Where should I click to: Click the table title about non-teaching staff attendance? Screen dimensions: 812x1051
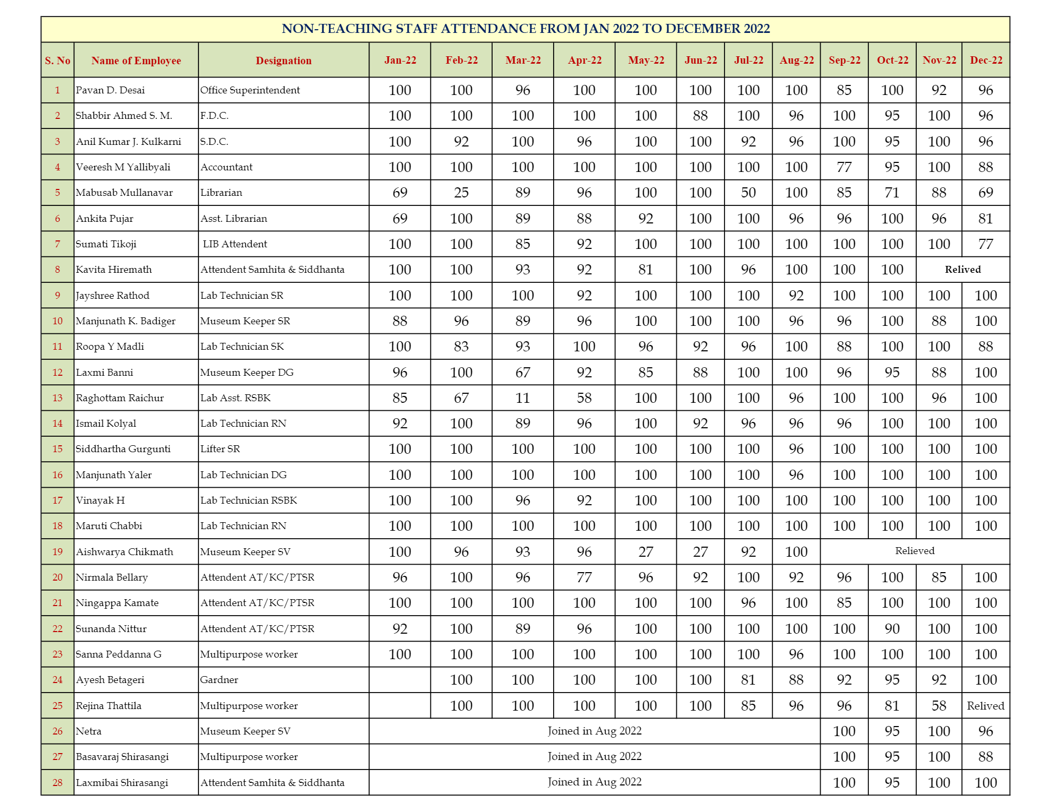pyautogui.click(x=525, y=29)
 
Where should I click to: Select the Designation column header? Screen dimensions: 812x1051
pyautogui.click(x=283, y=61)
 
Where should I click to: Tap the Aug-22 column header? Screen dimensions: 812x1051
pyautogui.click(x=796, y=61)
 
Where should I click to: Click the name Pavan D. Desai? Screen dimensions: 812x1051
pyautogui.click(x=110, y=90)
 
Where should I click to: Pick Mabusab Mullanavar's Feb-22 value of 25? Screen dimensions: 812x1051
pyautogui.click(x=461, y=193)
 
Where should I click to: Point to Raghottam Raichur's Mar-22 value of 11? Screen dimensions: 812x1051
pyautogui.click(x=522, y=398)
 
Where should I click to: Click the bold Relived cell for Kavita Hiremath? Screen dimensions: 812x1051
pyautogui.click(x=962, y=270)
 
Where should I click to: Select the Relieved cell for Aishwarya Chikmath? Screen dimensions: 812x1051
pyautogui.click(x=915, y=551)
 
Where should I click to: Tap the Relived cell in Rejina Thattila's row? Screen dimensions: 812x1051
pyautogui.click(x=985, y=706)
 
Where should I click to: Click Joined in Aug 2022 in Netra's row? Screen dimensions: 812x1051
pyautogui.click(x=595, y=731)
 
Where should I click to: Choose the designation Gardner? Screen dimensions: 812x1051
pyautogui.click(x=219, y=680)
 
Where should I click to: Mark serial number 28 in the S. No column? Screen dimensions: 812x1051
pyautogui.click(x=57, y=783)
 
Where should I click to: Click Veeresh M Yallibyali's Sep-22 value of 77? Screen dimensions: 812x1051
pyautogui.click(x=844, y=167)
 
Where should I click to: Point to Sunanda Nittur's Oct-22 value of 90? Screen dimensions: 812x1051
pyautogui.click(x=892, y=629)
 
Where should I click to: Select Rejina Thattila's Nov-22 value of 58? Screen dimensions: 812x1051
pyautogui.click(x=938, y=706)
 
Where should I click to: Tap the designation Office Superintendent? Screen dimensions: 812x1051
pyautogui.click(x=250, y=90)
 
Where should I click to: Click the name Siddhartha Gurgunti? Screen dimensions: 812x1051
pyautogui.click(x=123, y=449)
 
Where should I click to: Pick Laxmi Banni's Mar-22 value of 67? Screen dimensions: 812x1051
pyautogui.click(x=522, y=373)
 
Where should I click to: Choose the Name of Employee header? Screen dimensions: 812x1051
pyautogui.click(x=136, y=61)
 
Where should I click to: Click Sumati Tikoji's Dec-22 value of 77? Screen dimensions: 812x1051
pyautogui.click(x=985, y=244)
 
